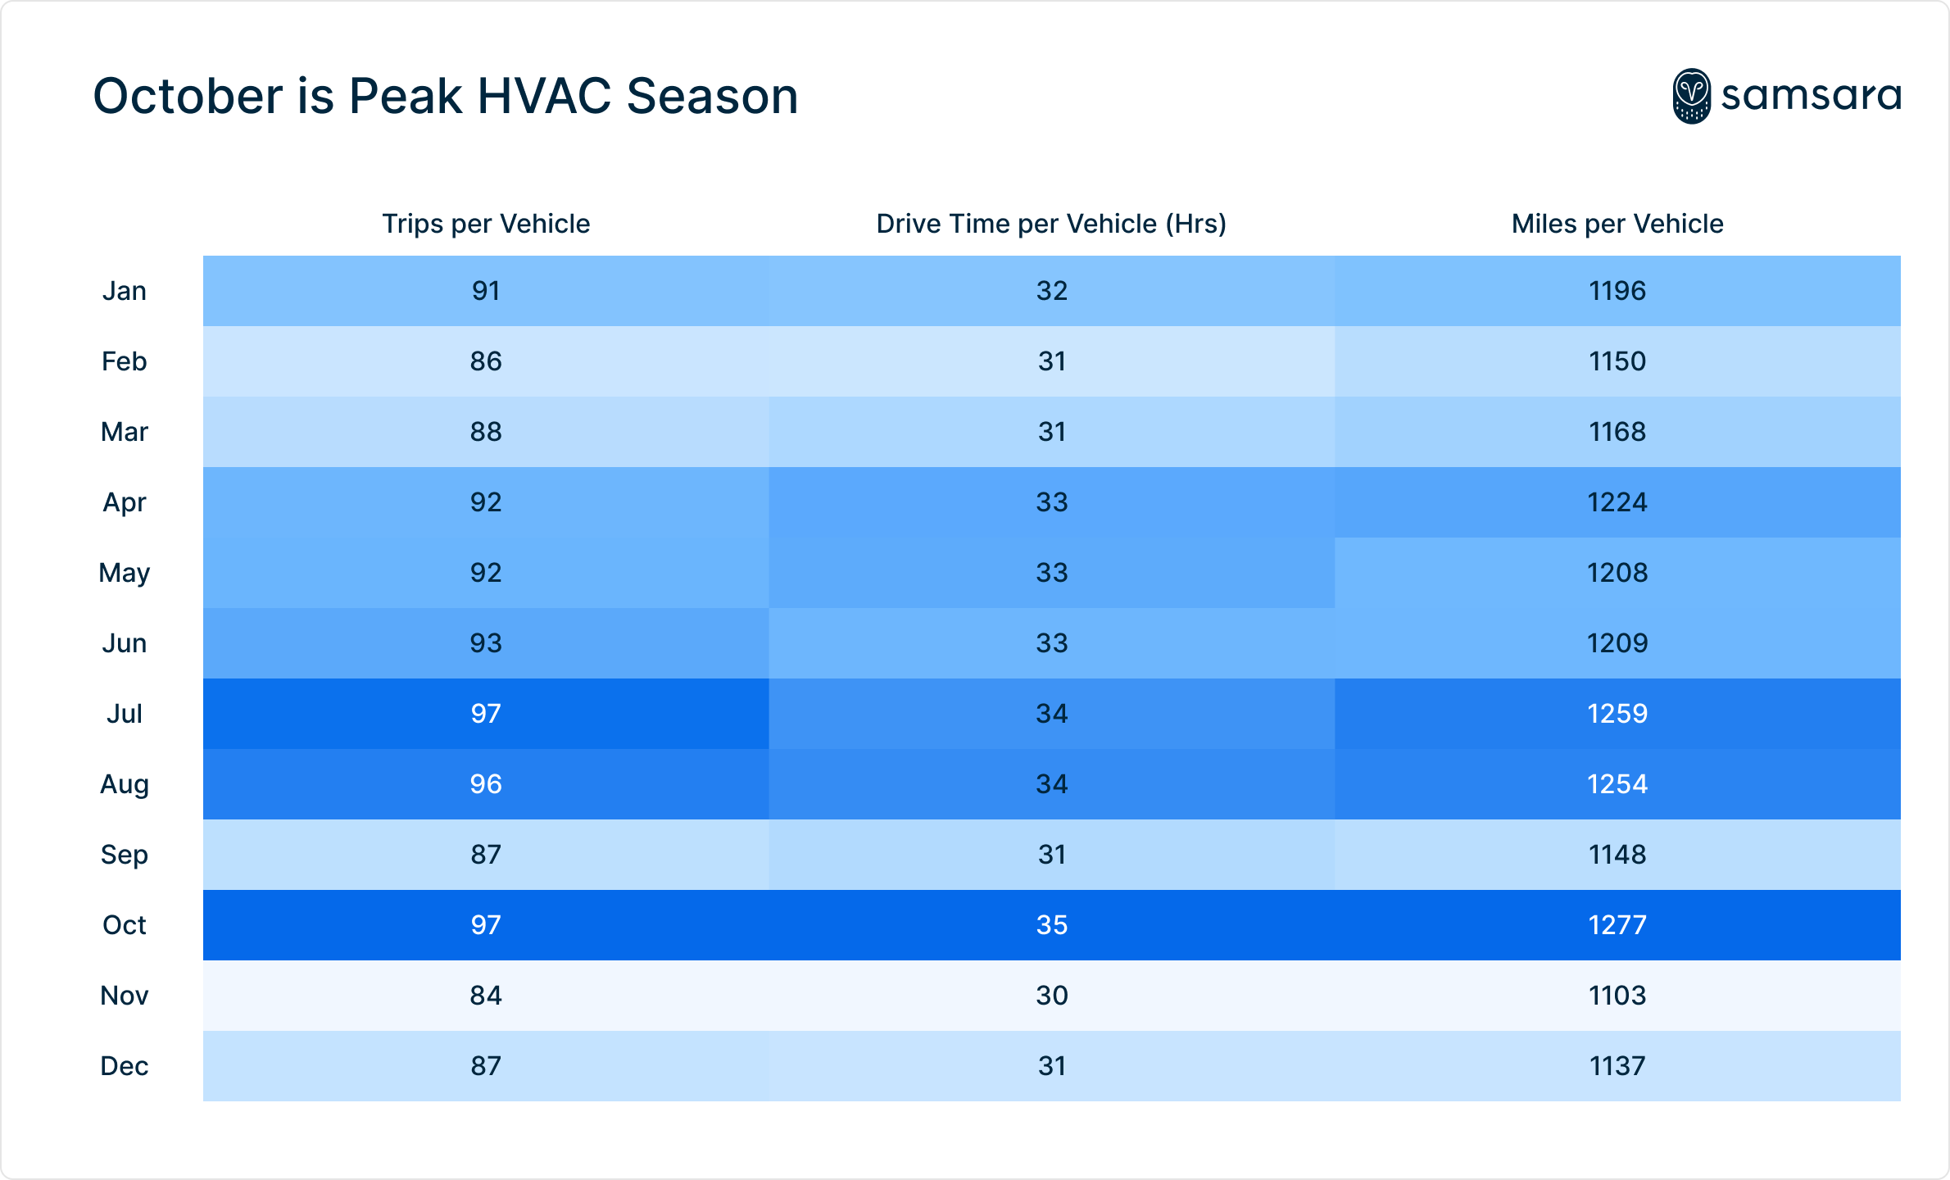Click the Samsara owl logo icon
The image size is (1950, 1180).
1691,97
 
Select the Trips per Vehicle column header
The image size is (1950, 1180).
486,224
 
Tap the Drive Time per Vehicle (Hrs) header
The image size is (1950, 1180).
1051,224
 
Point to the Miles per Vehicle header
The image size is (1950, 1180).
1617,224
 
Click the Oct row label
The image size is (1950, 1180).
124,925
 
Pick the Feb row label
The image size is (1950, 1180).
124,361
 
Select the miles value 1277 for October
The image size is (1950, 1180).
1617,925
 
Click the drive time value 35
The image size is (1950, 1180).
1052,925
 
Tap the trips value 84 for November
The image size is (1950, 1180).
486,996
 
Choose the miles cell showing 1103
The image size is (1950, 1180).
1617,996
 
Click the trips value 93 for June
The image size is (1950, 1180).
486,643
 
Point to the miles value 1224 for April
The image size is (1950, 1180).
1617,502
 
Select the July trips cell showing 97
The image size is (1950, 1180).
486,714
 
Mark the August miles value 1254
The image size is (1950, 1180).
1617,784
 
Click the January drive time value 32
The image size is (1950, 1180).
1052,291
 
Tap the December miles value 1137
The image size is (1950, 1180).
1617,1066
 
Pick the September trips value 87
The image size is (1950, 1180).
486,855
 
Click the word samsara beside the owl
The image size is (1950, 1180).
1811,96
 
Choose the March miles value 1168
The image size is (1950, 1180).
1617,432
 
